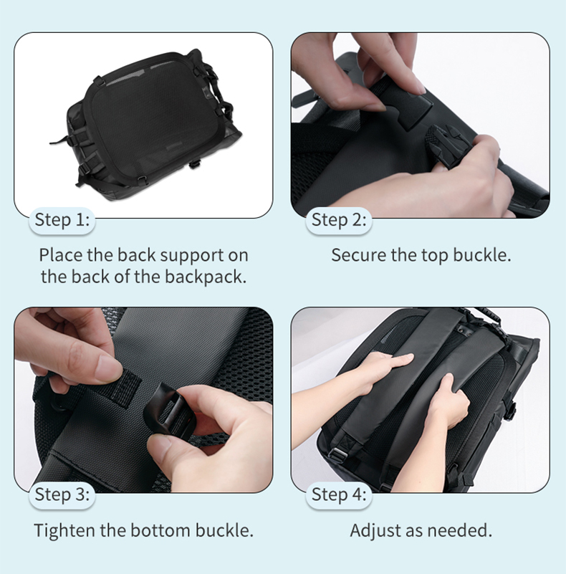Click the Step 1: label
[62, 220]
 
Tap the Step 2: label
[339, 220]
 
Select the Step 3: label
[62, 494]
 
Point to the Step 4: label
[339, 494]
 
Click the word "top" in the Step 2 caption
[435, 257]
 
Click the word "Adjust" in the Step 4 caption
[375, 530]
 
